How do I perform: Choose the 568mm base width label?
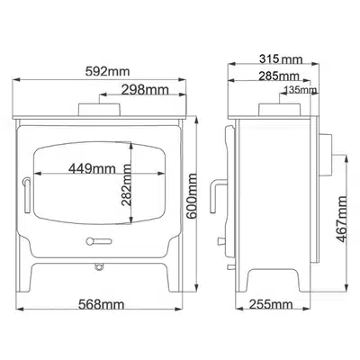pos(101,305)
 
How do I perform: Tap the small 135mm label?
pos(301,90)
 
